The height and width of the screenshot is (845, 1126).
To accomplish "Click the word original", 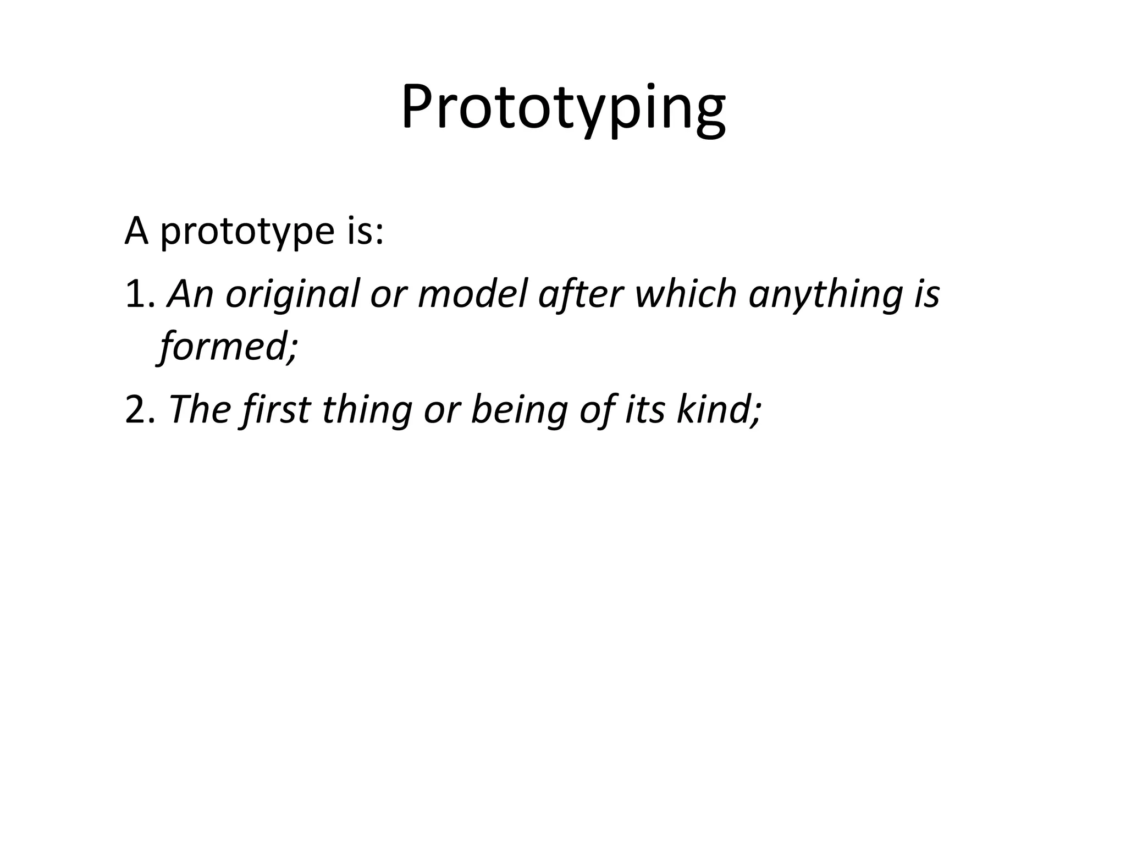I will (x=291, y=295).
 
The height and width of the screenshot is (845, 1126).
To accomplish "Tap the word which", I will (x=685, y=294).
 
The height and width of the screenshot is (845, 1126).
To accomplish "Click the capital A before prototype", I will (x=136, y=231).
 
